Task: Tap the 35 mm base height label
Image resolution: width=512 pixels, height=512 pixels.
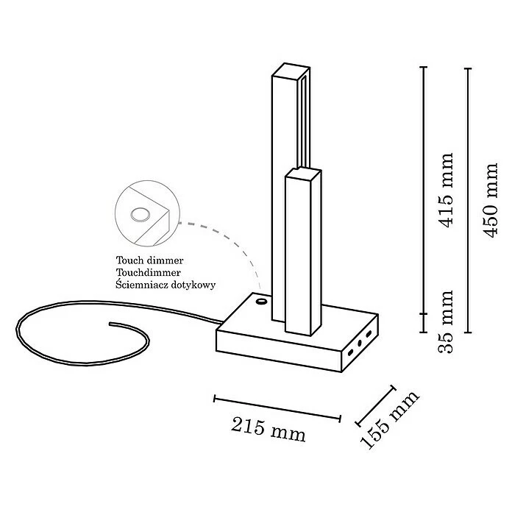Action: pos(444,321)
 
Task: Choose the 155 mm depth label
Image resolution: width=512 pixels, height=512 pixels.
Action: pos(389,419)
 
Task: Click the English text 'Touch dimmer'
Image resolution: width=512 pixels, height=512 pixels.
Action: pos(149,260)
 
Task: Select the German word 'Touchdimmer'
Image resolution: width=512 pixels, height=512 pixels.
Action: pos(148,272)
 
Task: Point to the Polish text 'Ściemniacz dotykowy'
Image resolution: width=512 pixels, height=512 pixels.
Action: pos(166,284)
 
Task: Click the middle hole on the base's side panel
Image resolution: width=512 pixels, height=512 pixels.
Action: pos(360,342)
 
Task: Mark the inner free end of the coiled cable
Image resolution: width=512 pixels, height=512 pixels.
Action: pos(110,324)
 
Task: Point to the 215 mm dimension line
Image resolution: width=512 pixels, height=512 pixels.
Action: pos(277,409)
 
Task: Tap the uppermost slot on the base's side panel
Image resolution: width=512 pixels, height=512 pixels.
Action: pos(368,334)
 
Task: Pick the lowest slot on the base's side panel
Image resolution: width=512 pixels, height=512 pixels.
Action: pos(352,352)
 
